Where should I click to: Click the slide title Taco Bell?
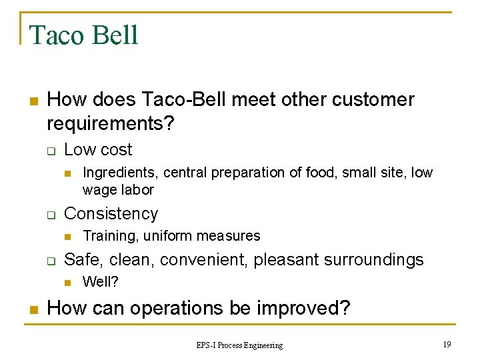tap(84, 35)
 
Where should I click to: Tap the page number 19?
tap(447, 344)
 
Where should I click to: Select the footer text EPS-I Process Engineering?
tap(239, 345)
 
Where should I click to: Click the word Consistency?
tap(111, 214)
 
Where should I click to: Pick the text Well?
tap(100, 282)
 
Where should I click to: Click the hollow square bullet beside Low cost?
tap(49, 151)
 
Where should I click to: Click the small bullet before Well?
tap(67, 283)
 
